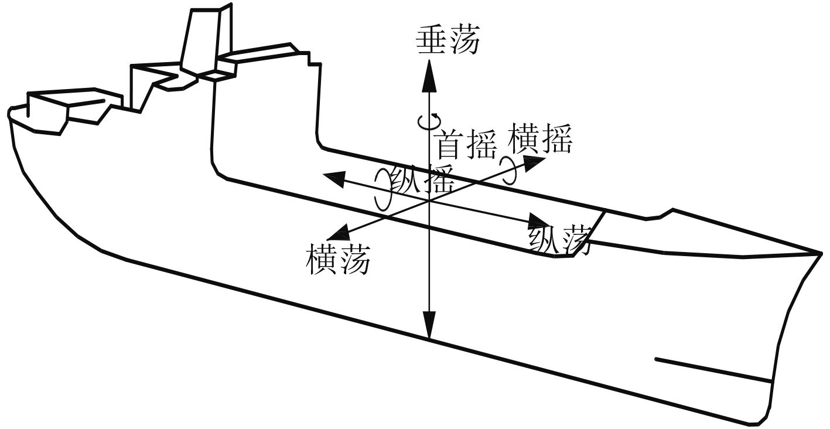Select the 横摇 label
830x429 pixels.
click(541, 138)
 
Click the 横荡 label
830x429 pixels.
click(338, 260)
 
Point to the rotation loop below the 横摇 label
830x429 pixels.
click(509, 167)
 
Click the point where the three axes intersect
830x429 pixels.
click(429, 200)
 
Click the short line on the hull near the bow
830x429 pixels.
click(712, 369)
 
